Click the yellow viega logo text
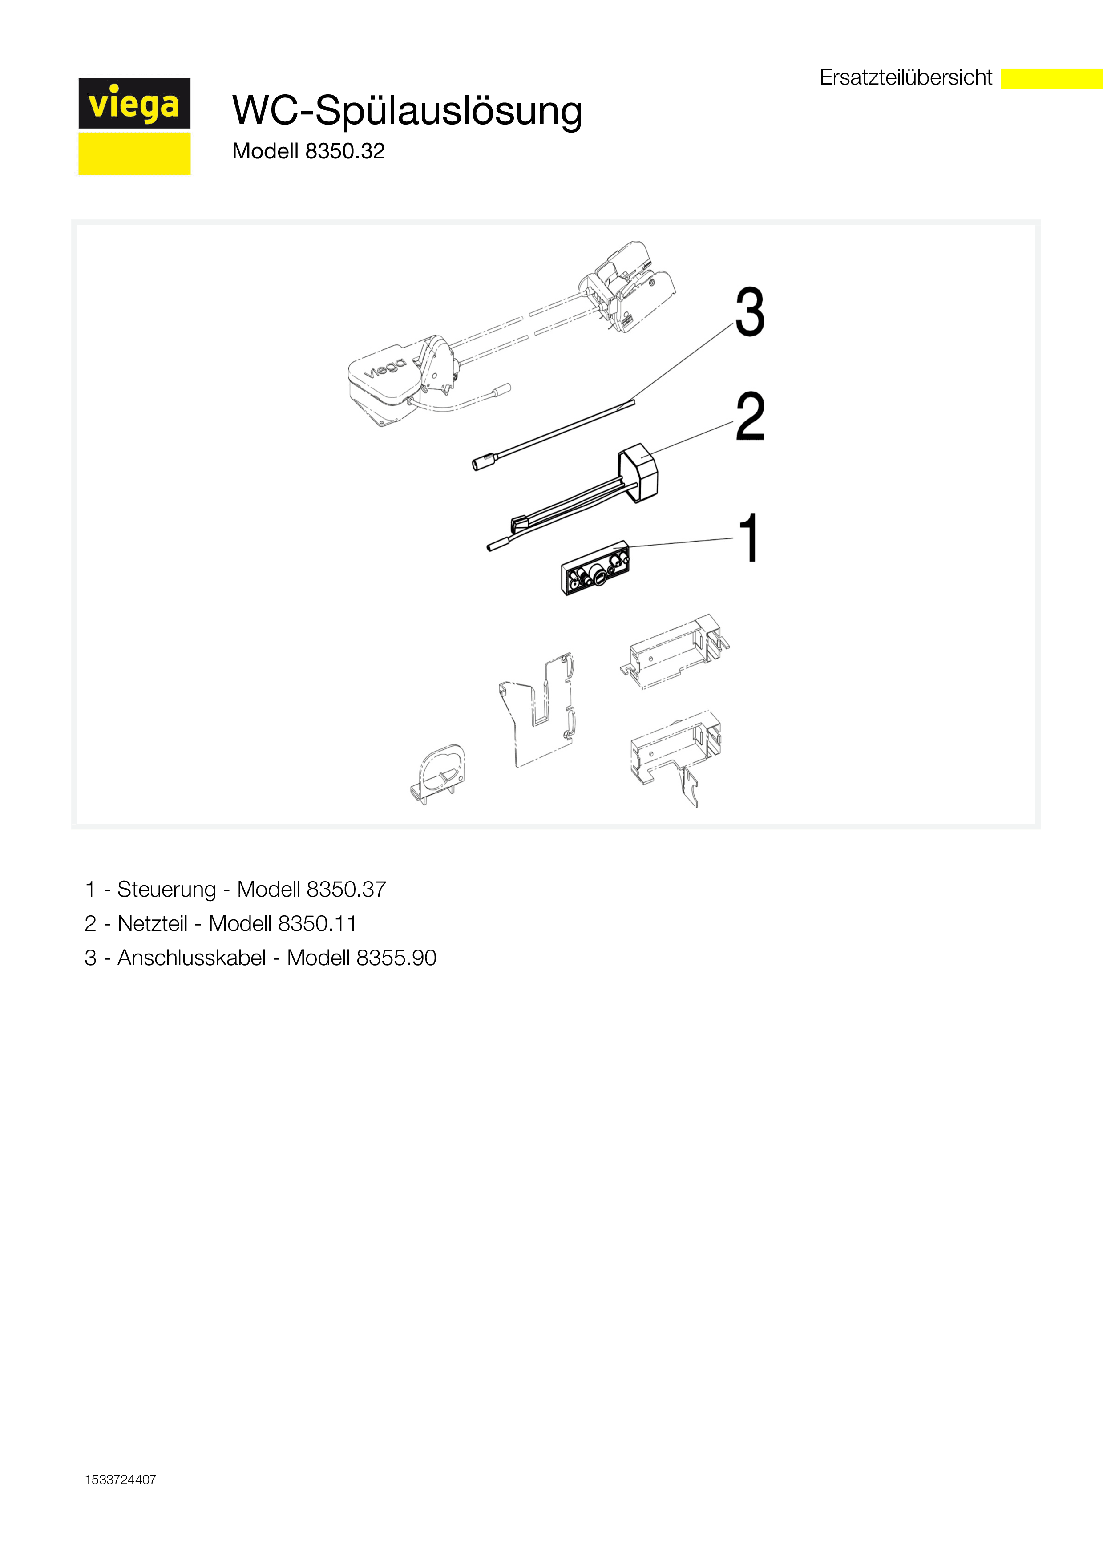134,105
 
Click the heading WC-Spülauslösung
407,111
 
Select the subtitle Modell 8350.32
308,151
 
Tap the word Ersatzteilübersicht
906,77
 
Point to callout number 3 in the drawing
750,312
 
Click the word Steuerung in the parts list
166,889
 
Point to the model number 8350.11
317,923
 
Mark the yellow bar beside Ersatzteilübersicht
1052,78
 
